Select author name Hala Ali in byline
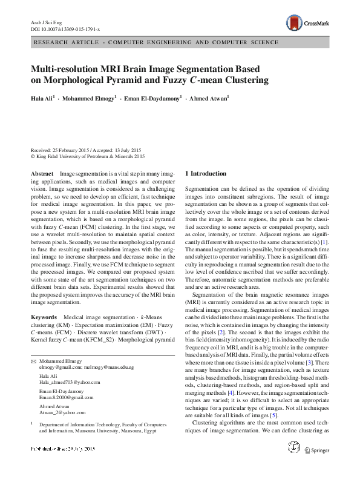click(x=42, y=97)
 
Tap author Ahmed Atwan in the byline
click(x=209, y=97)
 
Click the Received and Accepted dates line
click(x=85, y=150)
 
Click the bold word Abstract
click(x=42, y=173)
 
